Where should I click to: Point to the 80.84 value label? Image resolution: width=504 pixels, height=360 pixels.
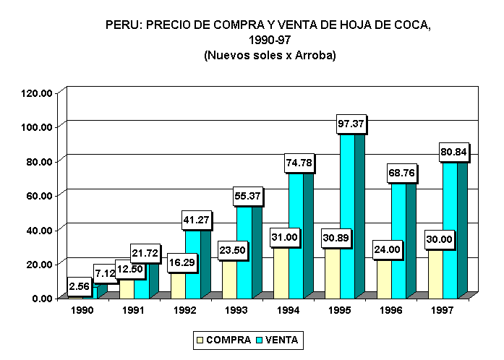pyautogui.click(x=454, y=153)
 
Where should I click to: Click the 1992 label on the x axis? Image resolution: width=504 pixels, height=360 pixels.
pyautogui.click(x=185, y=310)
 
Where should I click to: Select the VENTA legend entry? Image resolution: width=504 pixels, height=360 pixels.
pyautogui.click(x=278, y=339)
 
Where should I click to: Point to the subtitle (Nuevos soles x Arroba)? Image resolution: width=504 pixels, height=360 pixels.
pyautogui.click(x=269, y=55)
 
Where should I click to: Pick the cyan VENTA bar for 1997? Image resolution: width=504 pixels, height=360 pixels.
pyautogui.click(x=449, y=231)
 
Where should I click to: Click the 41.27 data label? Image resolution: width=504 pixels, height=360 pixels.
pyautogui.click(x=197, y=220)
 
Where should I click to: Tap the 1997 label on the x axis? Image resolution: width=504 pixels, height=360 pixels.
pyautogui.click(x=442, y=310)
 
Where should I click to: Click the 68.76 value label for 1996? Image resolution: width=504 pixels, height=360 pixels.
pyautogui.click(x=403, y=174)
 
